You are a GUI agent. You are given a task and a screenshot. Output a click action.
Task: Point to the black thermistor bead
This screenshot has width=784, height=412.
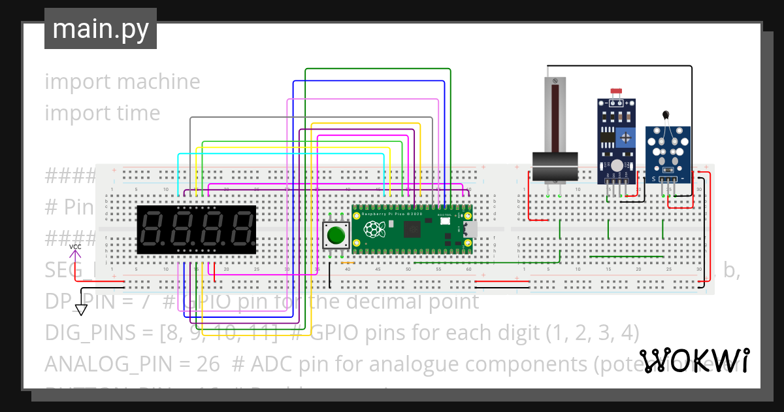[x=666, y=116]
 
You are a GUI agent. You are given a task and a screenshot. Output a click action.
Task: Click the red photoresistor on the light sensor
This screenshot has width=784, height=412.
[x=614, y=93]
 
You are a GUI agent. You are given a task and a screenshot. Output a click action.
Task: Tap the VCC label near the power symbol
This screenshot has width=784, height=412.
[x=76, y=247]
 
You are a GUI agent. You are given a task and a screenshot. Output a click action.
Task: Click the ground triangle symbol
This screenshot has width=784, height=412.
[x=82, y=309]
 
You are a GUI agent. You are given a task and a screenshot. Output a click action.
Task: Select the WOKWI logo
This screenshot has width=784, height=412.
[x=694, y=360]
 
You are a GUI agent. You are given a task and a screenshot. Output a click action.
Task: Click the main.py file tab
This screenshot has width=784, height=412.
[x=101, y=29]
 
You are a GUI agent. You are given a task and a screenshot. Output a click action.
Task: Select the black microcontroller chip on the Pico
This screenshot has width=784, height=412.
[x=413, y=230]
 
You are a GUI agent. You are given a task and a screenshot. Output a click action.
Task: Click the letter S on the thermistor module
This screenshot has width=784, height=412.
[x=653, y=179]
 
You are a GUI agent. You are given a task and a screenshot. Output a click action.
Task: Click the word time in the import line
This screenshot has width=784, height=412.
[x=136, y=113]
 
